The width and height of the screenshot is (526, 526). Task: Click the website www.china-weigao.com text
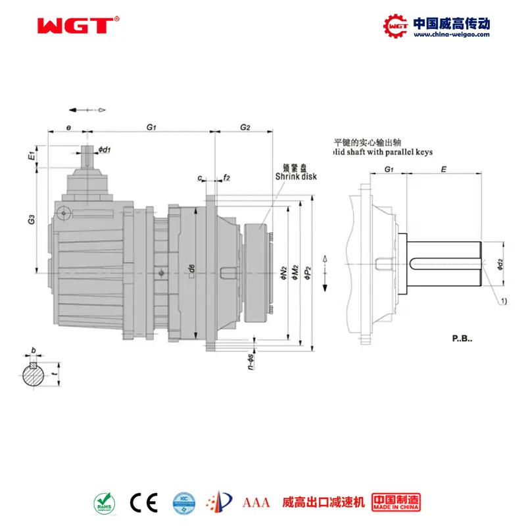[451, 35]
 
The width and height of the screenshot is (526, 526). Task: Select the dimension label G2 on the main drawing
[245, 126]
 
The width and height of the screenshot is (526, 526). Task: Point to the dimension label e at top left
[68, 126]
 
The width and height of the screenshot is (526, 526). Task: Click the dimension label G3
[31, 222]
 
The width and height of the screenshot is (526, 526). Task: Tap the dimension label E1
[31, 158]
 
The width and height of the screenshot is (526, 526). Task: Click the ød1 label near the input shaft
[105, 150]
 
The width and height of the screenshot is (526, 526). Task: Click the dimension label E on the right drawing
[444, 169]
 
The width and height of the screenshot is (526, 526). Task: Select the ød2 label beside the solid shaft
[500, 265]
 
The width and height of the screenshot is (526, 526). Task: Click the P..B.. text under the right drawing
[462, 339]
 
